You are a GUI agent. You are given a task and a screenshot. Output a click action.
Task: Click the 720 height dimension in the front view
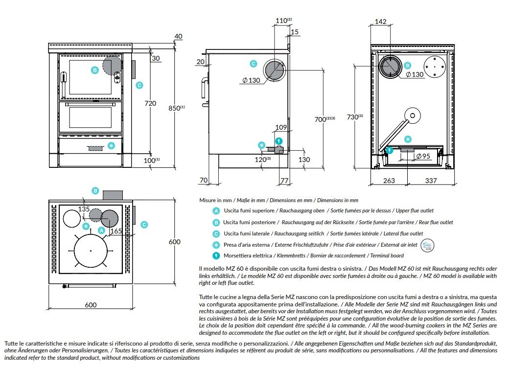pyautogui.click(x=150, y=103)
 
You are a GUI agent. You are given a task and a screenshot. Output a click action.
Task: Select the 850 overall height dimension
pyautogui.click(x=177, y=108)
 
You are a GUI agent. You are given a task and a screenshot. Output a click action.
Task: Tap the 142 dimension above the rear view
pyautogui.click(x=381, y=22)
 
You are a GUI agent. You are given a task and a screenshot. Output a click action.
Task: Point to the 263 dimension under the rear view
pyautogui.click(x=389, y=181)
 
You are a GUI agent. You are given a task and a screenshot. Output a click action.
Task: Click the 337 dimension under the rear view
pyautogui.click(x=431, y=181)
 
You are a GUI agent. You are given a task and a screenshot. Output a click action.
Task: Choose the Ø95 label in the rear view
pyautogui.click(x=423, y=157)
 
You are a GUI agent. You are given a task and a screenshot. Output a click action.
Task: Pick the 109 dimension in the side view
pyautogui.click(x=281, y=127)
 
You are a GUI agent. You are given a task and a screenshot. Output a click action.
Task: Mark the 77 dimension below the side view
pyautogui.click(x=284, y=181)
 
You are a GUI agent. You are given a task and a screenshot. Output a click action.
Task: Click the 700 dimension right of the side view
pyautogui.click(x=325, y=119)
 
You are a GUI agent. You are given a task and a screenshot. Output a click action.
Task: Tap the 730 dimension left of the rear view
pyautogui.click(x=355, y=116)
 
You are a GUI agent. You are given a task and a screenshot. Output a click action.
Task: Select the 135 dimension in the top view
pyautogui.click(x=84, y=209)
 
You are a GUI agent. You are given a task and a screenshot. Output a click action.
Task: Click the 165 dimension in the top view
pyautogui.click(x=116, y=231)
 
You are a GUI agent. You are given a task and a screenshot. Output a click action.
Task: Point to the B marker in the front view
pyautogui.click(x=94, y=70)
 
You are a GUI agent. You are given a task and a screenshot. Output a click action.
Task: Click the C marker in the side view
pyautogui.click(x=254, y=64)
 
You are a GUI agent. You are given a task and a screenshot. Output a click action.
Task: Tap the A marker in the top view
pyautogui.click(x=101, y=231)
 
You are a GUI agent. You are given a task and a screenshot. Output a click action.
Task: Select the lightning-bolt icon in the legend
pyautogui.click(x=216, y=256)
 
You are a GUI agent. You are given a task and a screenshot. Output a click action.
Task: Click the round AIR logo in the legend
pyautogui.click(x=427, y=246)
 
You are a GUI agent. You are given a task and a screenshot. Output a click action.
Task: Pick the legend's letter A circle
pyautogui.click(x=216, y=211)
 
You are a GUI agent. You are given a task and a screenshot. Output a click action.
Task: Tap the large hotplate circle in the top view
pyautogui.click(x=91, y=251)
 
